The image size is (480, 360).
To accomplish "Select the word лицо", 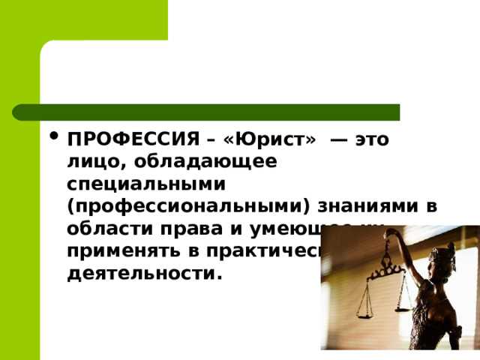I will point(88,161).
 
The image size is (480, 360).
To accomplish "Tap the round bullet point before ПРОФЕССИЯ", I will point(52,137).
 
